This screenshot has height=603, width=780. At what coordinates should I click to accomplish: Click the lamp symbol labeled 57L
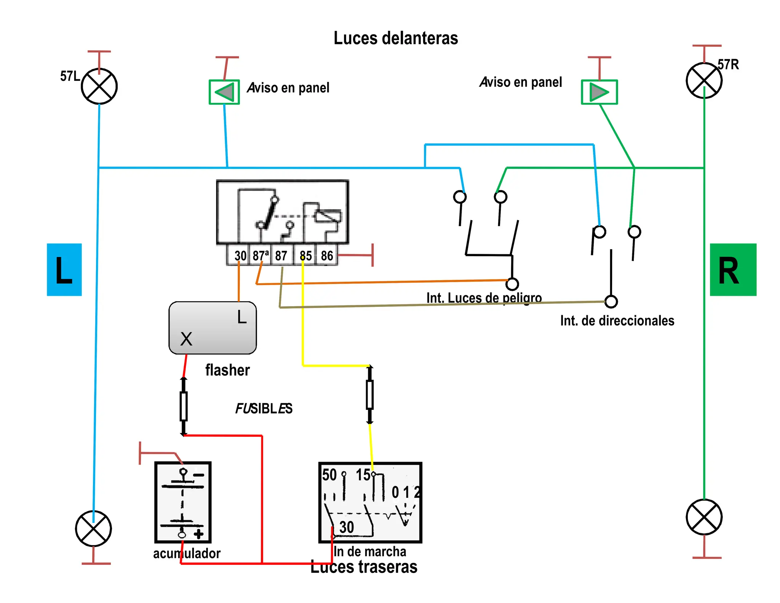point(99,86)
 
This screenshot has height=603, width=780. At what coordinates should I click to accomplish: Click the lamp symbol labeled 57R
point(704,80)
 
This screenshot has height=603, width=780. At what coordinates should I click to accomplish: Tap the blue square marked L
point(64,269)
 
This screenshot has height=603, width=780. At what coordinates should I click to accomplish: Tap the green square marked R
point(733,269)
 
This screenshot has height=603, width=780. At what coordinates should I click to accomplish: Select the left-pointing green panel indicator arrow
point(224,92)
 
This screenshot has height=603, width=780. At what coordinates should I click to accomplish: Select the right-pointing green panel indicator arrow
point(599,92)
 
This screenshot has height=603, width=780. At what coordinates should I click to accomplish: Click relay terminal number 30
point(240,255)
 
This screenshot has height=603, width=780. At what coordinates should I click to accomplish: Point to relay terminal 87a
point(261,255)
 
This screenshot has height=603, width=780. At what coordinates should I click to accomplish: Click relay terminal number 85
point(305,255)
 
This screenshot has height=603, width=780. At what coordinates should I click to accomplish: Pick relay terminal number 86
point(327,255)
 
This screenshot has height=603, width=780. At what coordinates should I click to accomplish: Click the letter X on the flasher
point(186,339)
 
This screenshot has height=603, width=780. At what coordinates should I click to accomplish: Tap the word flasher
point(227,370)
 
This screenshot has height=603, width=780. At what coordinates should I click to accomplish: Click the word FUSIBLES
point(264,409)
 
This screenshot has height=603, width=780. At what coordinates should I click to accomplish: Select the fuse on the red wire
point(184,406)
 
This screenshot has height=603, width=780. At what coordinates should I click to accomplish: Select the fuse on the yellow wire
point(369,395)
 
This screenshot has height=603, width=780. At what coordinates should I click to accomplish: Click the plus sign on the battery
point(198,534)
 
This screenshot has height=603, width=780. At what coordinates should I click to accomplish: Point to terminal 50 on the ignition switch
point(329,475)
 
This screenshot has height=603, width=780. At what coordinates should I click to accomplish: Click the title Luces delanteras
point(396,38)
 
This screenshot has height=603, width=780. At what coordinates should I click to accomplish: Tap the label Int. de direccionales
point(617,321)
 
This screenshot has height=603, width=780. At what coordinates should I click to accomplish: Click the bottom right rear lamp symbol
point(704,517)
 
